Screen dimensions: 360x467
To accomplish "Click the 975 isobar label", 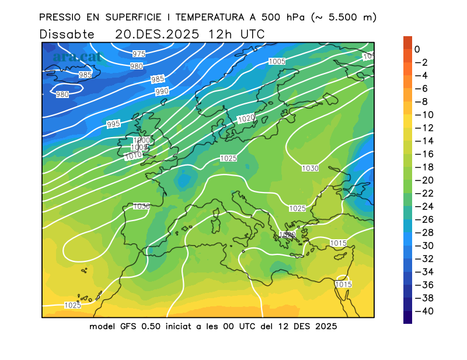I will [x=138, y=54].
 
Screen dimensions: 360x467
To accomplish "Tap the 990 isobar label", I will [x=162, y=92].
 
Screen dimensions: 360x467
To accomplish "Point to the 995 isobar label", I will [x=113, y=124].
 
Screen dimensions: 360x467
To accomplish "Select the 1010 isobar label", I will [x=134, y=156].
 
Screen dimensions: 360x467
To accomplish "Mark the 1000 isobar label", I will [x=142, y=141].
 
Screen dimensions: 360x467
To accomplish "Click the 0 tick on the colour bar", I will [x=417, y=50].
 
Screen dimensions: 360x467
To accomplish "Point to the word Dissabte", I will [x=67, y=34].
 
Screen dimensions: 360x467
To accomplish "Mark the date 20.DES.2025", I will [x=156, y=34].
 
